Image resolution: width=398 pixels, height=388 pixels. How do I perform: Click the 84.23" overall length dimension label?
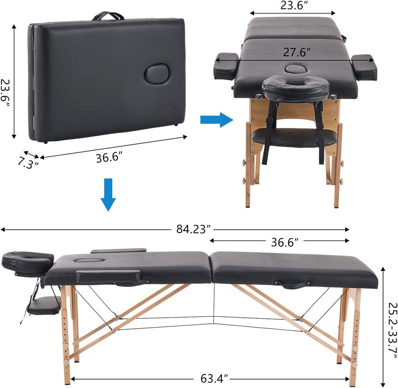[x=194, y=229]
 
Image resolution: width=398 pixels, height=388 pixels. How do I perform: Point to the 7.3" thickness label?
[x=28, y=162]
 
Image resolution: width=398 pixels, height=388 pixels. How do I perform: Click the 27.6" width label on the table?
[x=297, y=52]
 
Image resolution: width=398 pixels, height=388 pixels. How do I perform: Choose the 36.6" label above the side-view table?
[x=285, y=243]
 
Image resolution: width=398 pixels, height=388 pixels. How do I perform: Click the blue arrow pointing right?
[x=217, y=120]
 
